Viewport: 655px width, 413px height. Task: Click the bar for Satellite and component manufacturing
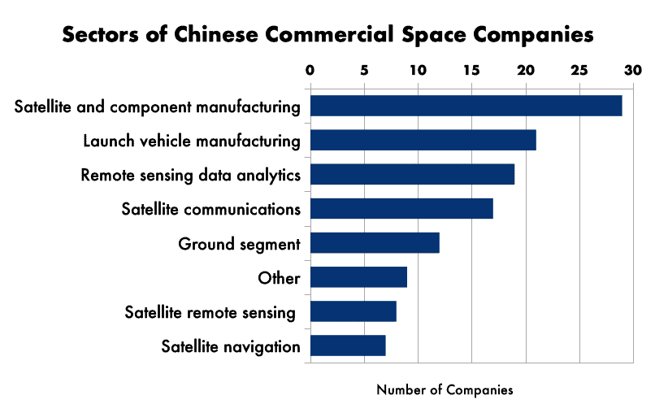[466, 106]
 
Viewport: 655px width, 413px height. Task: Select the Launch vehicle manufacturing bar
[423, 140]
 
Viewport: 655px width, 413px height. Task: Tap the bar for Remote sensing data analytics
[412, 174]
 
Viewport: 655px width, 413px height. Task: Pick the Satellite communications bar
[401, 208]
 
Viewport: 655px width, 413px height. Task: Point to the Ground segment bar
[375, 242]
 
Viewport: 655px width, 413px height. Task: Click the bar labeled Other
[358, 277]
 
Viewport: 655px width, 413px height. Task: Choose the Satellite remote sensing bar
[353, 311]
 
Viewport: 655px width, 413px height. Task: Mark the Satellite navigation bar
[348, 346]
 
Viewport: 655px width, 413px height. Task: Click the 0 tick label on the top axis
[310, 71]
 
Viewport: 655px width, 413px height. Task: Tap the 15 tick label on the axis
[471, 71]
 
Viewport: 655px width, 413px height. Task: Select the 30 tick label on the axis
[633, 71]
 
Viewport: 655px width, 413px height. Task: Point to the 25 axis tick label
[579, 71]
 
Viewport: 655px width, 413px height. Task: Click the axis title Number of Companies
[445, 390]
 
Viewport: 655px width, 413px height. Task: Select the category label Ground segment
[240, 244]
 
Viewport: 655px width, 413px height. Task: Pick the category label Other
[279, 278]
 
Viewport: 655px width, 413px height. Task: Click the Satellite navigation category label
[231, 346]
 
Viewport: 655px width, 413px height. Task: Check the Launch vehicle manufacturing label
[192, 141]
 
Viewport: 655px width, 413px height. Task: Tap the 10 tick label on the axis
[418, 71]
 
